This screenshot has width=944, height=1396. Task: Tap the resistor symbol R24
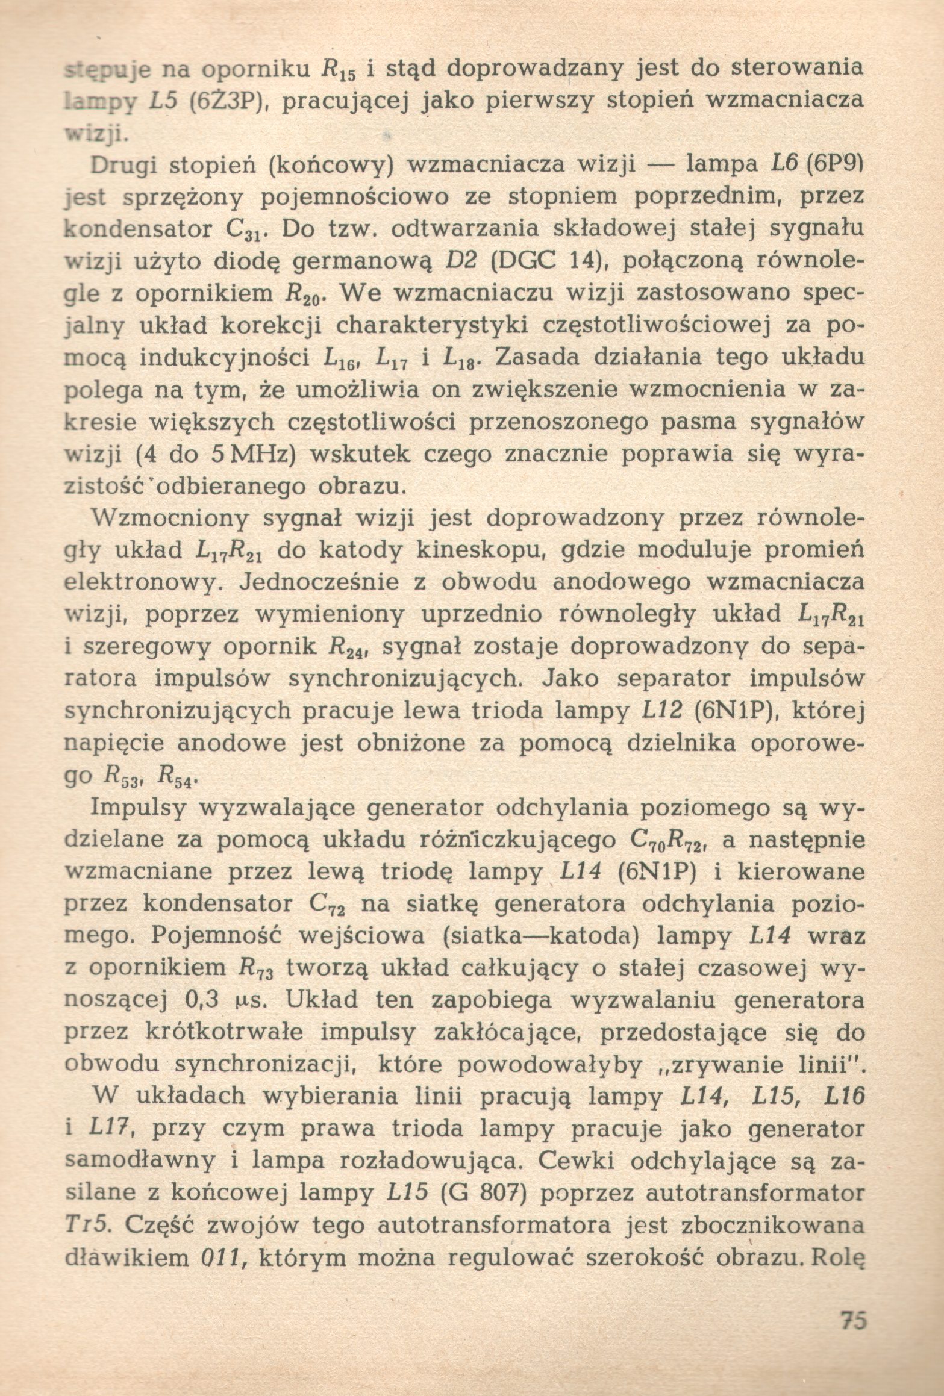pos(349,649)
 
